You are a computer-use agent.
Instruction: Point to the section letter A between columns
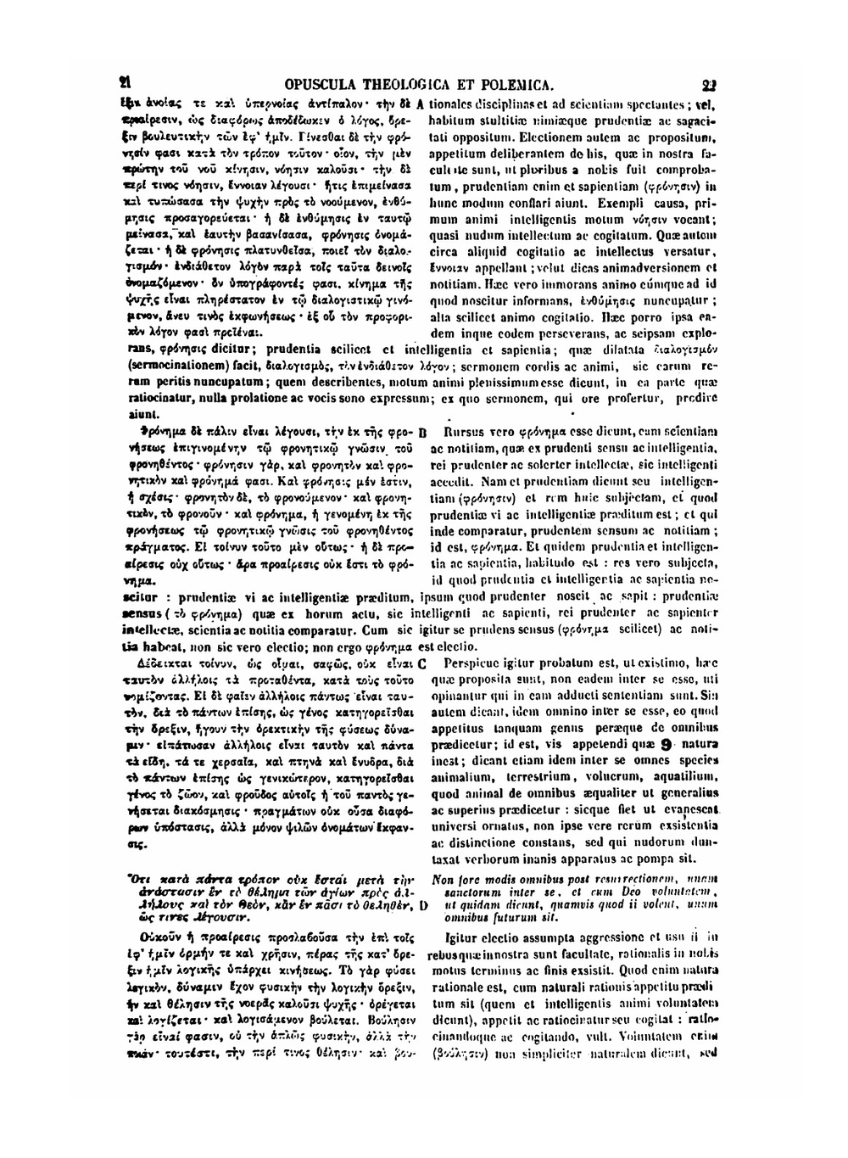pyautogui.click(x=419, y=105)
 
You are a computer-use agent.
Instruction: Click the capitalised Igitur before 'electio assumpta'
pyautogui.click(x=461, y=939)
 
